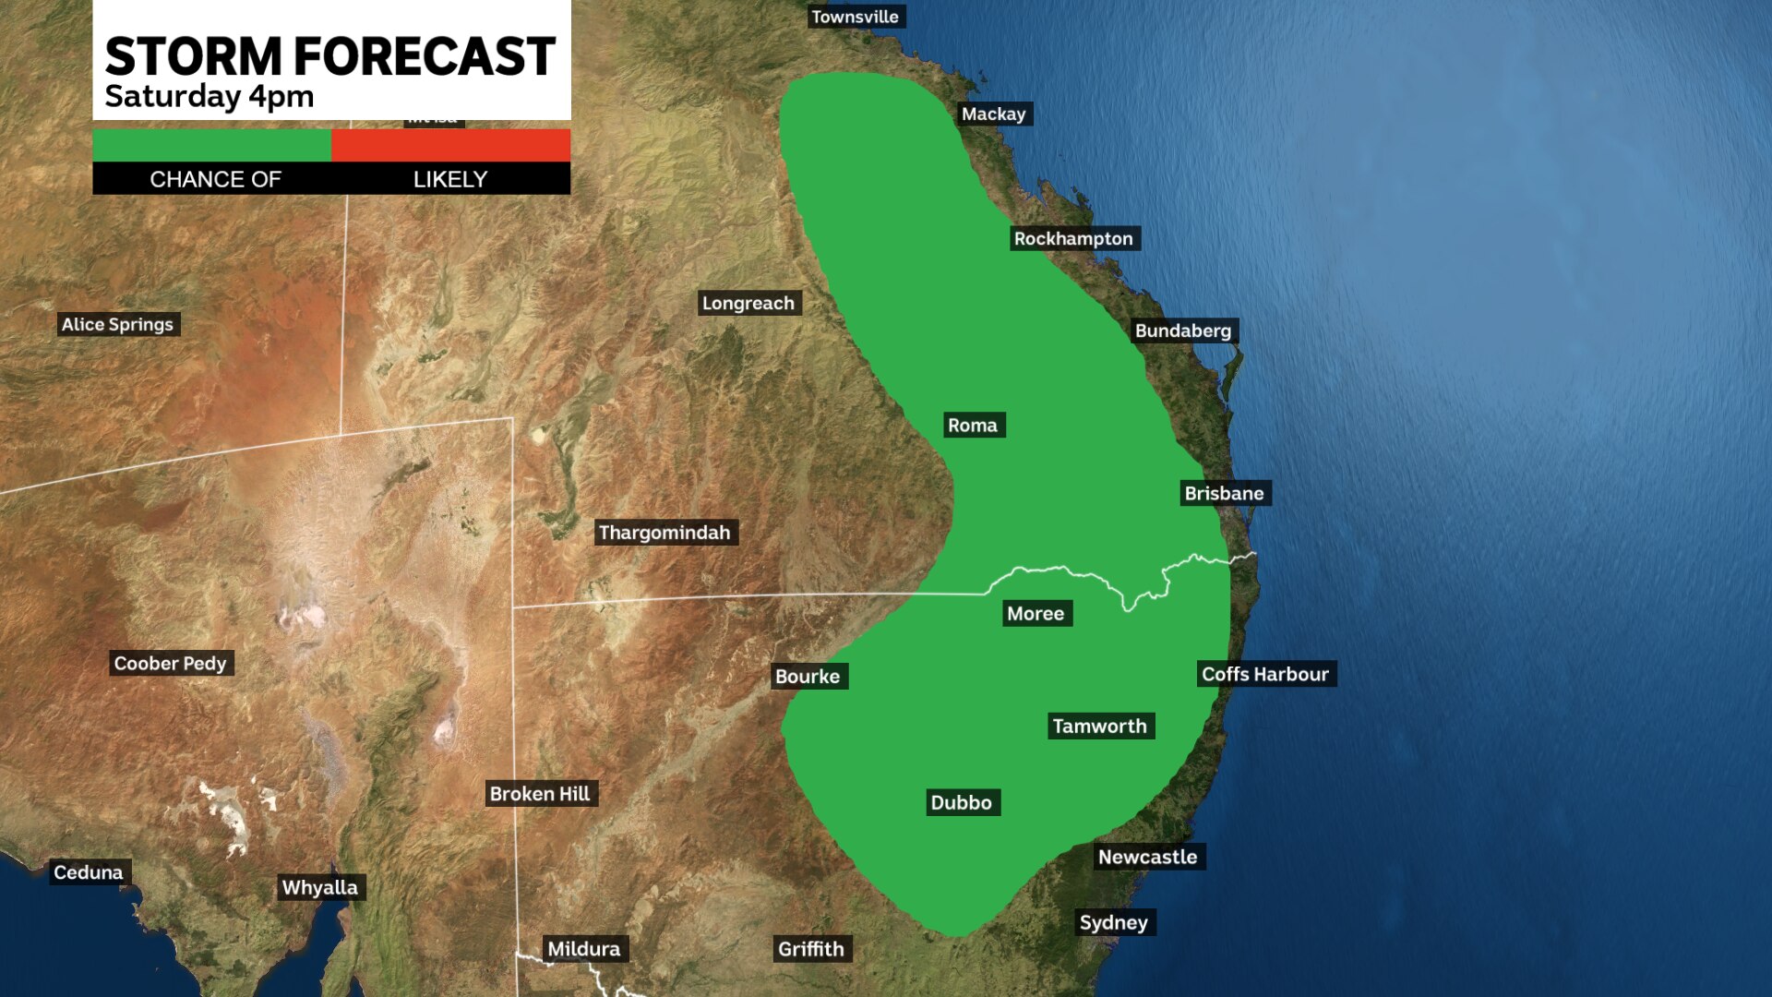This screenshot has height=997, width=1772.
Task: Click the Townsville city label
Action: tap(855, 17)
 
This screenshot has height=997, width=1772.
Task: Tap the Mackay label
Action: tap(993, 114)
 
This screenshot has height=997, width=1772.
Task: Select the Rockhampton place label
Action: tap(1073, 238)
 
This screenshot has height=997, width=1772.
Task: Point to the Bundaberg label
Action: tap(1183, 330)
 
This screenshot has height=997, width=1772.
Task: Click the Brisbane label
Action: tap(1224, 493)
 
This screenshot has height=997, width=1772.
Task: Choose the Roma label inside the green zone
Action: tap(973, 425)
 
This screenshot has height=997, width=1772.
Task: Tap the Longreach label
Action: tap(748, 303)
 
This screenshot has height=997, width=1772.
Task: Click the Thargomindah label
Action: tap(664, 532)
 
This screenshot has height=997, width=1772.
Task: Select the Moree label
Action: tap(1036, 613)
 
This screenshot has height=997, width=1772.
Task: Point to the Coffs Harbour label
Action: tap(1265, 674)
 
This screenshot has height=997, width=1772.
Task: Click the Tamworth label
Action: tap(1099, 726)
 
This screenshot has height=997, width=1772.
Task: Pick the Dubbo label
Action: tap(961, 802)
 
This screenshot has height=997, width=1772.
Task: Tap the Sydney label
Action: tap(1114, 922)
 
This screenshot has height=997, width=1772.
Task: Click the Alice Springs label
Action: tap(117, 324)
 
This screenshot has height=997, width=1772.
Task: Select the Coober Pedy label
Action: tap(170, 663)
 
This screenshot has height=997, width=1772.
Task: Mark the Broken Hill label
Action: tap(540, 793)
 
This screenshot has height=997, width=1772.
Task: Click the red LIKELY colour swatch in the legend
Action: tap(450, 145)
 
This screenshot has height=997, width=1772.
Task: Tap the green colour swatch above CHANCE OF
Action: tap(211, 145)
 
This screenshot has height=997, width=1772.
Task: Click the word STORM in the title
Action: tap(192, 57)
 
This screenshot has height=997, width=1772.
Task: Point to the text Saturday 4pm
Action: tap(209, 96)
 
